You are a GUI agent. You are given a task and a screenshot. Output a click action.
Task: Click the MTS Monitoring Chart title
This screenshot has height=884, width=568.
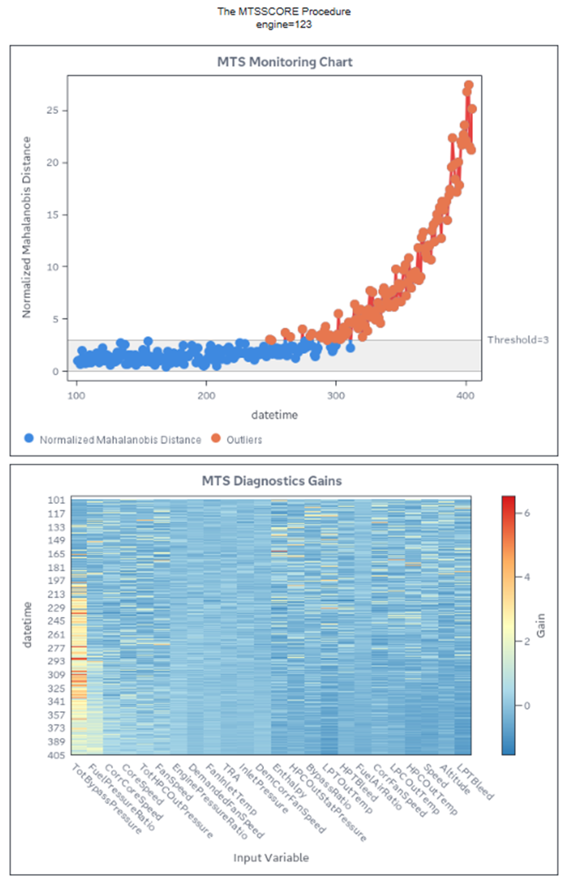[284, 62]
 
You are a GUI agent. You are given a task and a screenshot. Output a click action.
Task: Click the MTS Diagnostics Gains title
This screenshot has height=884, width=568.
[284, 481]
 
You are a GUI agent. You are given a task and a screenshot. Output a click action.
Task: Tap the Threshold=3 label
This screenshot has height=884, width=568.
[518, 339]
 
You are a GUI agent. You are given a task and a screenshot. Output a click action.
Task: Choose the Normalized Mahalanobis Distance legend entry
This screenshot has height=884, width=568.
[120, 440]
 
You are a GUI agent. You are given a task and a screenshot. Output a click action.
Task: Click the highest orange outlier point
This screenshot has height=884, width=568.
[469, 85]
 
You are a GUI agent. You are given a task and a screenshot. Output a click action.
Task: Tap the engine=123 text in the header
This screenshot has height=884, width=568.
[283, 25]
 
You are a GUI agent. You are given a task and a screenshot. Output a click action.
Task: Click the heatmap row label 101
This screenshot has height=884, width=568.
[57, 500]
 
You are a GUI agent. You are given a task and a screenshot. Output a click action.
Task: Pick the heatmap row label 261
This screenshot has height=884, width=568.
[57, 635]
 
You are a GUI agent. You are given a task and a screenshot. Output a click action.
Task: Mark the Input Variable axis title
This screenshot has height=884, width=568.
[270, 858]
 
